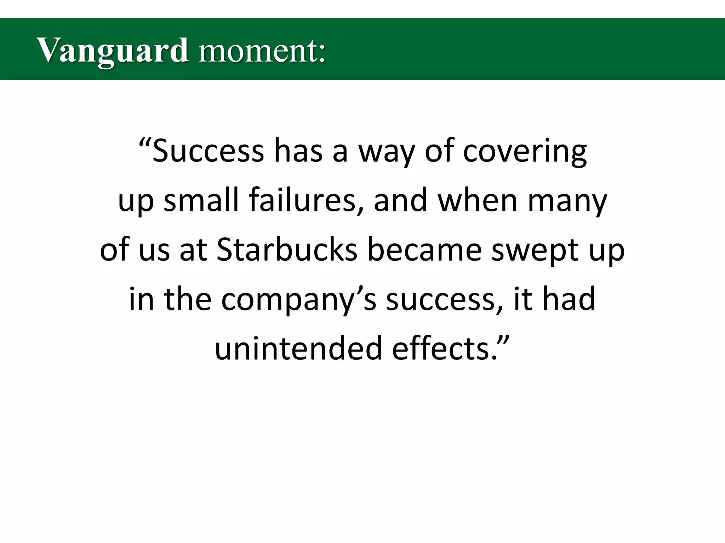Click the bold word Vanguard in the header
pos(112,51)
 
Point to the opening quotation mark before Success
pos(145,143)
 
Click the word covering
pos(525,151)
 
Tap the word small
pos(201,200)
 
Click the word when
pos(478,200)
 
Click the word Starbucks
pos(287,250)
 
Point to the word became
pos(424,250)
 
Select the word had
pos(569,299)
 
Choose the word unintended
pos(298,349)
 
